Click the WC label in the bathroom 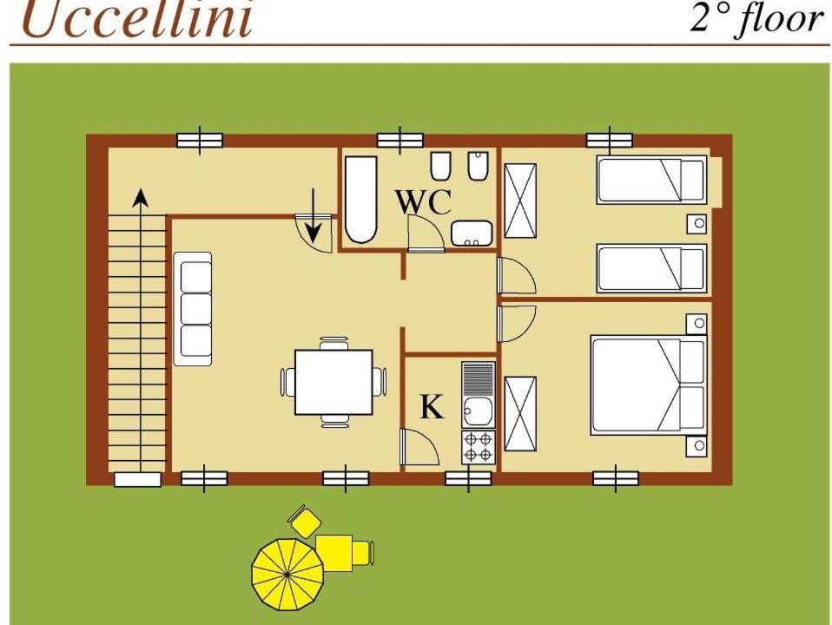[x=424, y=201]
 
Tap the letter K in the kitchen [x=432, y=407]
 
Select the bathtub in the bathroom [x=360, y=200]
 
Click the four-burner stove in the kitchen [x=478, y=447]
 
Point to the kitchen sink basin [x=478, y=411]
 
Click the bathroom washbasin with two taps [x=472, y=234]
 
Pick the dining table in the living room [x=333, y=382]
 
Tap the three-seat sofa [x=193, y=309]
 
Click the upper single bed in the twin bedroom [x=651, y=180]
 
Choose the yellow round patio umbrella [x=287, y=574]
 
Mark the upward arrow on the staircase [x=140, y=329]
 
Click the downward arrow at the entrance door [x=314, y=215]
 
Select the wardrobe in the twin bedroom [x=520, y=201]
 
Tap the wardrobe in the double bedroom [x=520, y=414]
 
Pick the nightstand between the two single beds [x=697, y=223]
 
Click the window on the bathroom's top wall [x=400, y=140]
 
